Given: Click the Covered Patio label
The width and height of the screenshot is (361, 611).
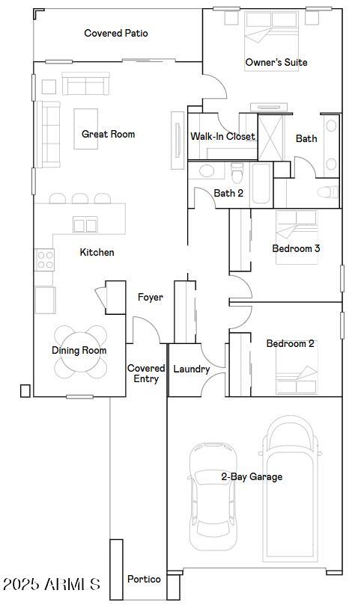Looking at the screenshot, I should coord(115,33).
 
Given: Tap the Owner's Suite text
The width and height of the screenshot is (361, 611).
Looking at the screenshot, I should coord(276,62).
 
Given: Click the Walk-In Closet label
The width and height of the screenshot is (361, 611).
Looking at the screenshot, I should coord(222,136).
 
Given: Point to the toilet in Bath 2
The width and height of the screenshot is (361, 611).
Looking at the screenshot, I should coord(237,174).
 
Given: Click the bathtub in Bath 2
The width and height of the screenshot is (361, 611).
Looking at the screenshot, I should coord(261,183).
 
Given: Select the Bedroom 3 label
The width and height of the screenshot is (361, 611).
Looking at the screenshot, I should coord(296,248).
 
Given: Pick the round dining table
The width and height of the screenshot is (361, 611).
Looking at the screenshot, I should coord(79,350).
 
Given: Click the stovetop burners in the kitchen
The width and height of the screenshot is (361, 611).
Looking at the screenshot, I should coord(45,260).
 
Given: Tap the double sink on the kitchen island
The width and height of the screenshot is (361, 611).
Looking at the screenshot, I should coord(85,224).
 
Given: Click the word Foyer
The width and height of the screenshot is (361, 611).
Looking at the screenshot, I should coord(151,298).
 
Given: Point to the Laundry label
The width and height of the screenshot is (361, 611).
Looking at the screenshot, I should coord(191,369).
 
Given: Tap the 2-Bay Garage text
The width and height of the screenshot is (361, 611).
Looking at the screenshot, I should coord(251,476).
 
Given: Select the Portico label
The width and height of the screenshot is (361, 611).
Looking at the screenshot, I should coord(144,579).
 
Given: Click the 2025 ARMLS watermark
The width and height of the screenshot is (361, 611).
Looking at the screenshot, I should coord(51,583).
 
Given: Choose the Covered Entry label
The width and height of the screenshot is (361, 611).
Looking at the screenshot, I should coord(146,373).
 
